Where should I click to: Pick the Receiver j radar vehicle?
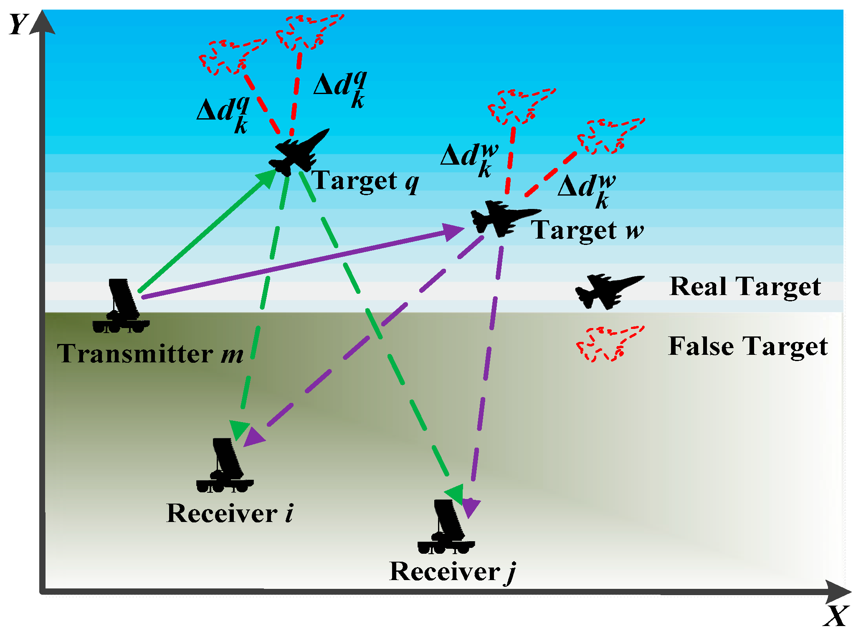[x=446, y=527]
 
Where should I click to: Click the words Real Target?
[x=745, y=287]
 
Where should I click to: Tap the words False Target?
[x=747, y=346]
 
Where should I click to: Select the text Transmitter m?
[x=149, y=354]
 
